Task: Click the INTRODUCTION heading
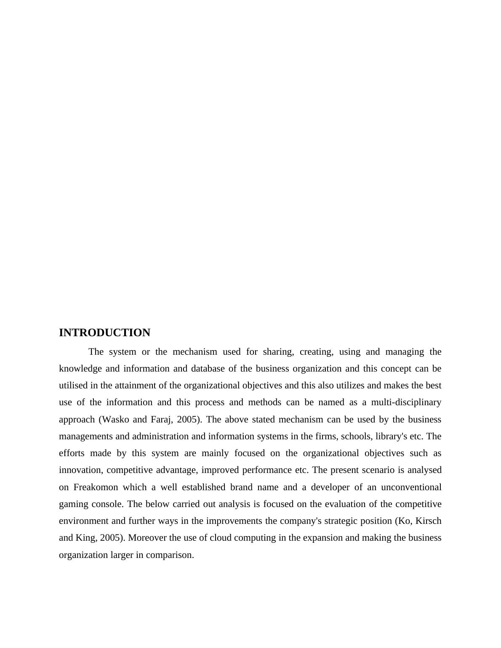tap(104, 333)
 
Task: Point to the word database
tap(208, 369)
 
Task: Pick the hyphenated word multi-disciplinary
tap(406, 402)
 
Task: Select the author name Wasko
tap(115, 420)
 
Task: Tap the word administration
tap(160, 436)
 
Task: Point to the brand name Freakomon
tap(96, 487)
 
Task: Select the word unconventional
tap(411, 487)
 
